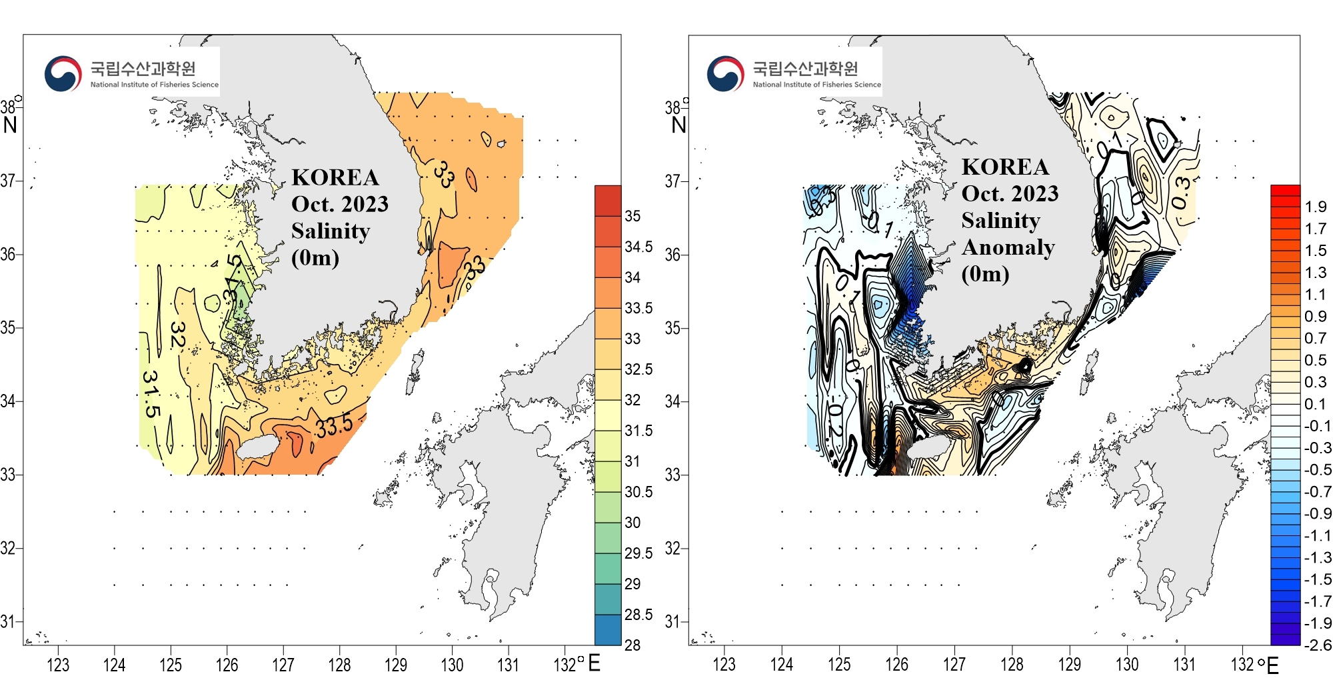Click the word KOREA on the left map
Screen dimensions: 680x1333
click(335, 177)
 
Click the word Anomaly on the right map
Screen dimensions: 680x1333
click(1008, 247)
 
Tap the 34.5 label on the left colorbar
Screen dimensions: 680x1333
click(639, 247)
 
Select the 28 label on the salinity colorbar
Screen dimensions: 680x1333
click(632, 645)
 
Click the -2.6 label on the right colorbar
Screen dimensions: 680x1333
click(1317, 645)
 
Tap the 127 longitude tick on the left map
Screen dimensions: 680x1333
click(283, 664)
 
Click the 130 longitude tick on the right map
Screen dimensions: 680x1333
click(1127, 664)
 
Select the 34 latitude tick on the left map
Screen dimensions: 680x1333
click(8, 401)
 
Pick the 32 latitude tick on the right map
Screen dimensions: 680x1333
click(672, 549)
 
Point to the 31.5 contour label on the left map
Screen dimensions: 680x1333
click(151, 393)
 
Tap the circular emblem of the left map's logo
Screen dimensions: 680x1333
click(63, 74)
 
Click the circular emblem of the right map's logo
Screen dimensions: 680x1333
click(725, 74)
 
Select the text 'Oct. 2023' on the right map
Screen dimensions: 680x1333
click(1009, 193)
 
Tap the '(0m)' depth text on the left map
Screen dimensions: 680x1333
click(315, 257)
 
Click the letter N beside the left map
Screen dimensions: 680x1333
click(10, 125)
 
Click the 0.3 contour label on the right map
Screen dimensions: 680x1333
click(1182, 193)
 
